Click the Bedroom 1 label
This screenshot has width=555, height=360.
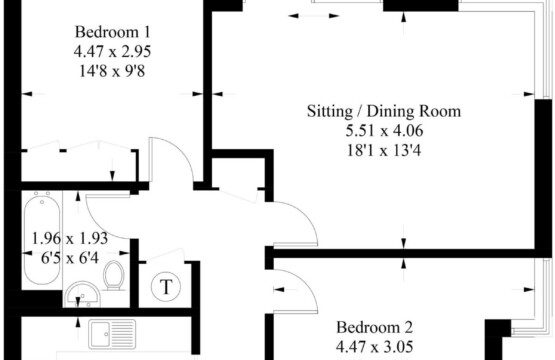113,32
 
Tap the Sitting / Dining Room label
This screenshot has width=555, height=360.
384,111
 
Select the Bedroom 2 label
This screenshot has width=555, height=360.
374,327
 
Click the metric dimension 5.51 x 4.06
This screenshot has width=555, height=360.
384,131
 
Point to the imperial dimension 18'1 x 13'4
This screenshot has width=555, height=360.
384,151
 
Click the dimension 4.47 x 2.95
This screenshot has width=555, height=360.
113,52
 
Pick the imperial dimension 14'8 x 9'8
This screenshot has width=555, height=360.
113,71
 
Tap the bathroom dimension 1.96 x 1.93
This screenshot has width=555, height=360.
70,238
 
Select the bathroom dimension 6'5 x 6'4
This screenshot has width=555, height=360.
70,258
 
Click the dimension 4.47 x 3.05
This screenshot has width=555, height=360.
374,347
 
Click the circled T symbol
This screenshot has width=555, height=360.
166,286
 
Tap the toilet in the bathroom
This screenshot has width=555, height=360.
114,276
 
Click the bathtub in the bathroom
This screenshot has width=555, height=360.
42,238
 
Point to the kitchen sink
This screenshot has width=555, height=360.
112,334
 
